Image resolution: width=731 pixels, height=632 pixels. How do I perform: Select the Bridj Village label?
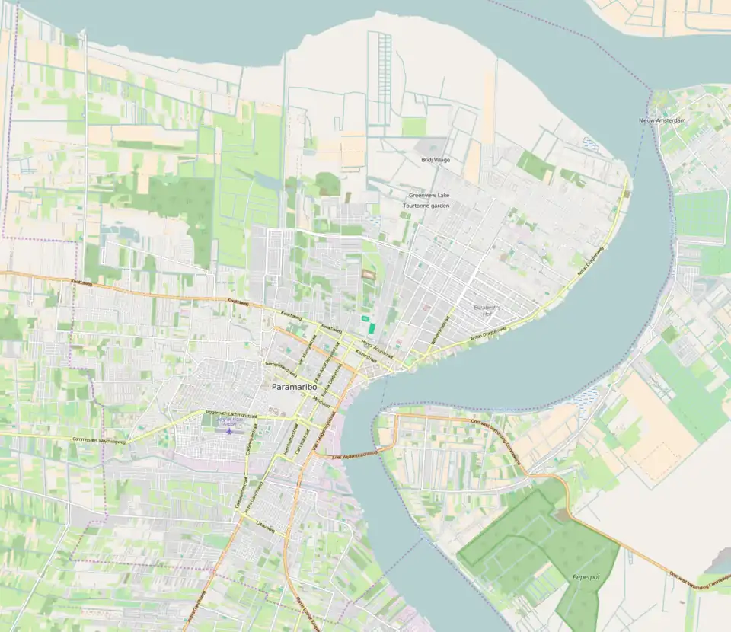436,160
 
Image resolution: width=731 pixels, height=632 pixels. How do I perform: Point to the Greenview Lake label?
429,196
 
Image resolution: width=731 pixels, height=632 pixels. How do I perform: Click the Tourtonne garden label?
426,206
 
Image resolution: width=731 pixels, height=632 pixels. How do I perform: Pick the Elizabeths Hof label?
484,310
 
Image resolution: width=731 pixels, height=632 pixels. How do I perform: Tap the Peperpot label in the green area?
586,577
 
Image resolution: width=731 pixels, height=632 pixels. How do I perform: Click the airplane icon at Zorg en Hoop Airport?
228,431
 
